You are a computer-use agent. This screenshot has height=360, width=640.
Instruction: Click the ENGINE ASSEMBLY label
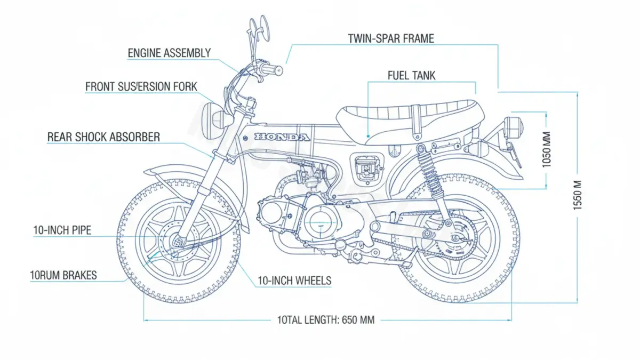tap(169, 53)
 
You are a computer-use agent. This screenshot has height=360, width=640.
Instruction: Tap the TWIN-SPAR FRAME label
tap(391, 38)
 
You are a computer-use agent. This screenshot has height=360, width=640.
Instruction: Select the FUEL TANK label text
tap(411, 75)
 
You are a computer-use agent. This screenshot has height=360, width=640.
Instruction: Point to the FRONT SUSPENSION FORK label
tap(141, 86)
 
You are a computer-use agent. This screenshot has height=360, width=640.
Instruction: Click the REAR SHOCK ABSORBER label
tap(103, 137)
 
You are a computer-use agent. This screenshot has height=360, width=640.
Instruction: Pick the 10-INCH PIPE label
tap(62, 230)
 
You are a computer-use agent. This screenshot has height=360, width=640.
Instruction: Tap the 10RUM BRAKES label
tap(63, 275)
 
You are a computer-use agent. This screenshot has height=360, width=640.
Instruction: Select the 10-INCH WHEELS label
tap(294, 281)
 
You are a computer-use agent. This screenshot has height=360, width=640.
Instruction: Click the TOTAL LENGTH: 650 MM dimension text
tap(326, 320)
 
